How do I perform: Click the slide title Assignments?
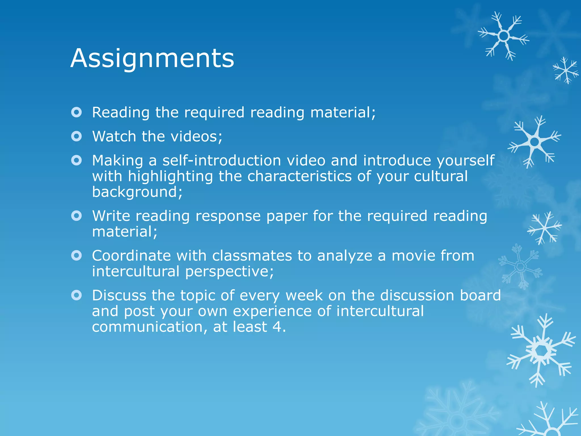pos(152,58)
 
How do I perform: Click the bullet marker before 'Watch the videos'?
pos(77,137)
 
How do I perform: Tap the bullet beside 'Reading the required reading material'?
pos(77,112)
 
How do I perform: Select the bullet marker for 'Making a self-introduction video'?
pos(77,161)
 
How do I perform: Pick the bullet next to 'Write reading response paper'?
pos(77,216)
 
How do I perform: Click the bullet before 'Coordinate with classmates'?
pos(77,256)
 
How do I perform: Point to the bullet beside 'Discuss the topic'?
pos(77,295)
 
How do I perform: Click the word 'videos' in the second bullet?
pos(196,137)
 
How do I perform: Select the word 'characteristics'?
pos(300,176)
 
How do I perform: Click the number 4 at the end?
pos(277,327)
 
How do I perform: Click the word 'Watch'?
pos(114,137)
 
